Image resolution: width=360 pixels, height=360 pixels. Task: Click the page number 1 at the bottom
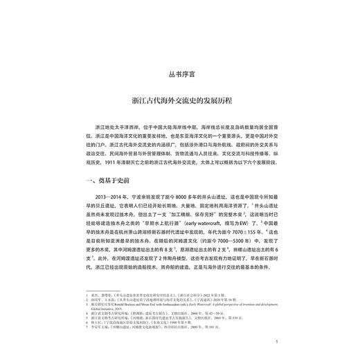tap(276, 341)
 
